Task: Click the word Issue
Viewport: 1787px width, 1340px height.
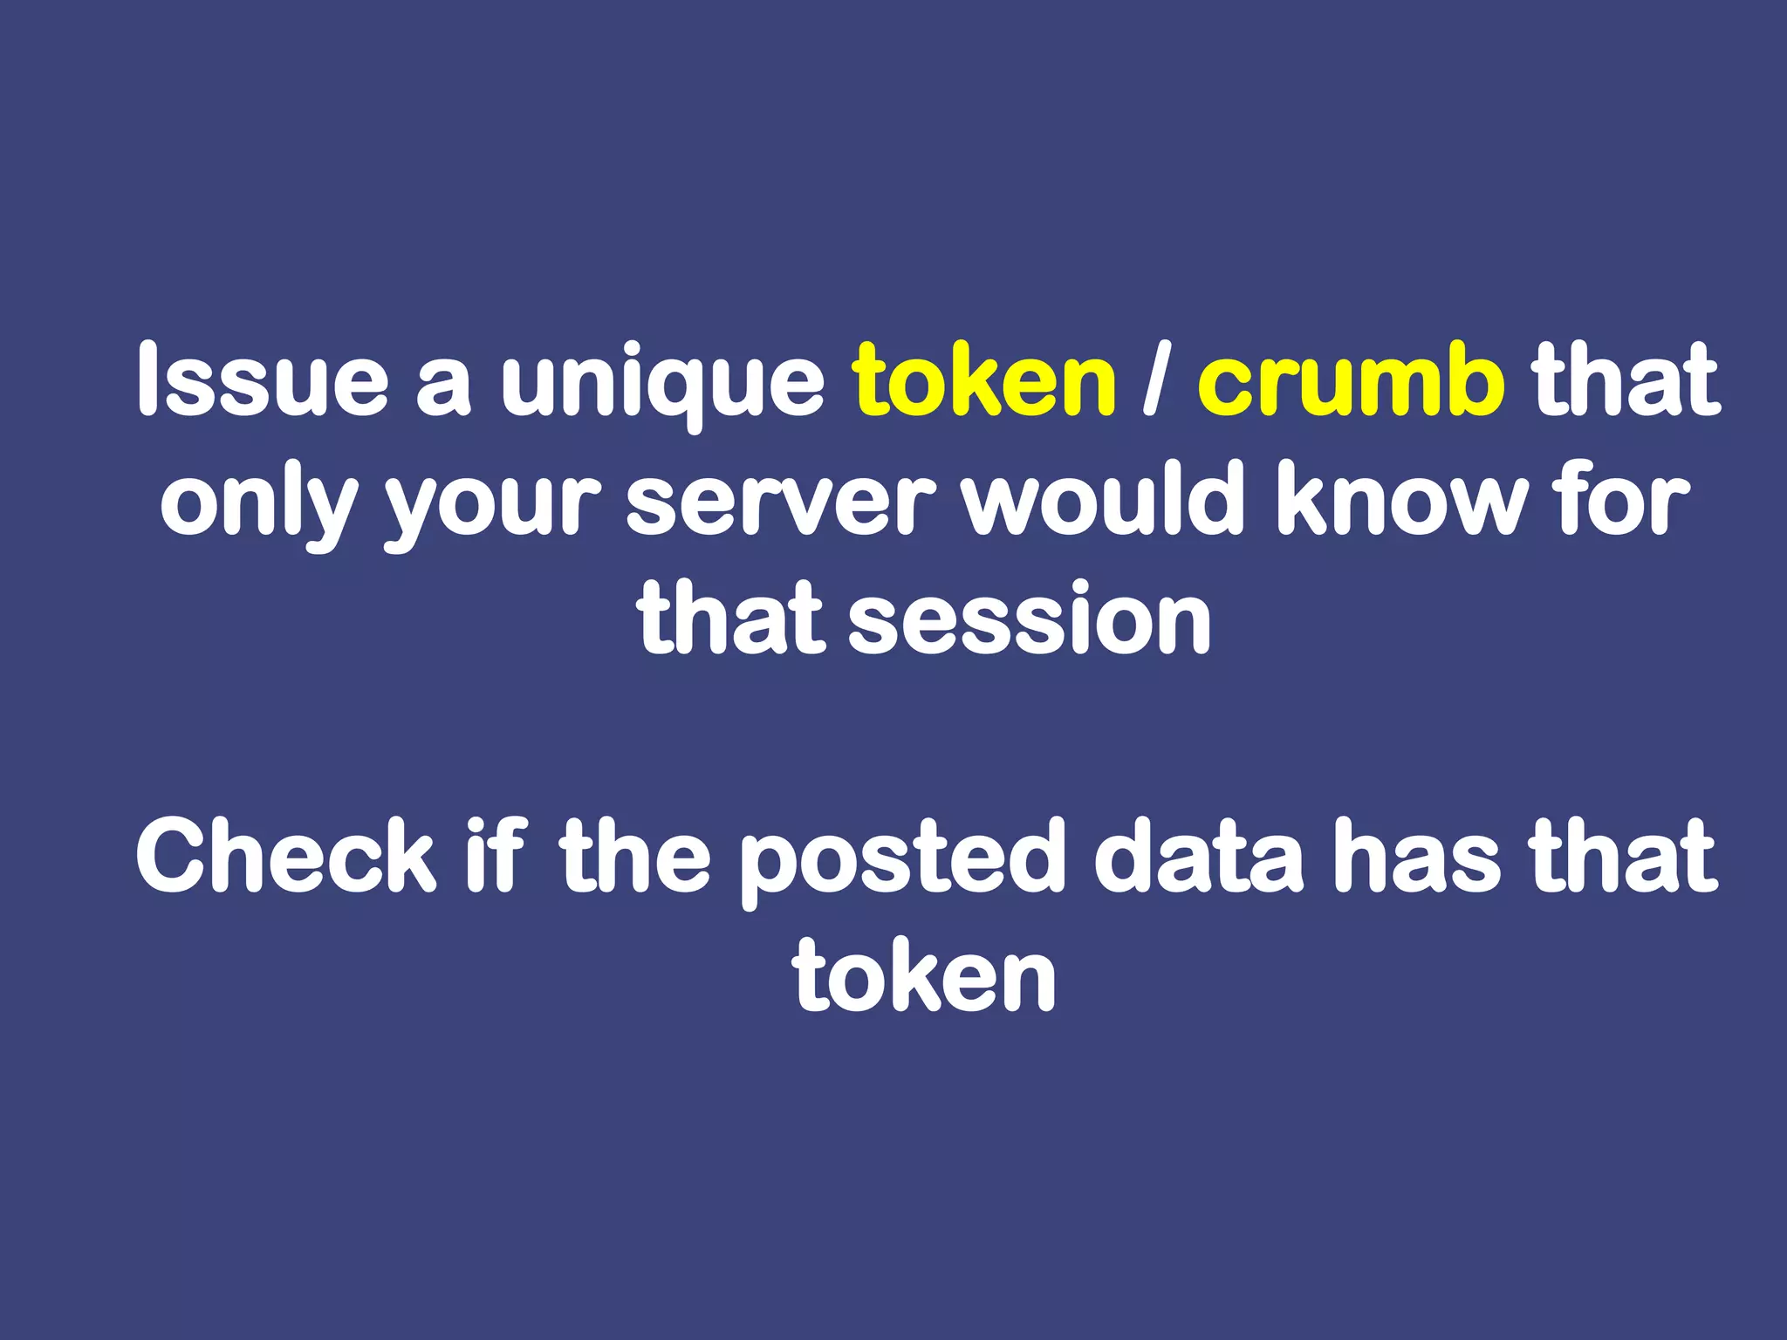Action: pyautogui.click(x=262, y=379)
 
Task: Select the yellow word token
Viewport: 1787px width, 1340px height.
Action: pyautogui.click(x=984, y=379)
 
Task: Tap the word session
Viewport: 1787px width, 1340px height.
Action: pyautogui.click(x=1030, y=619)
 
